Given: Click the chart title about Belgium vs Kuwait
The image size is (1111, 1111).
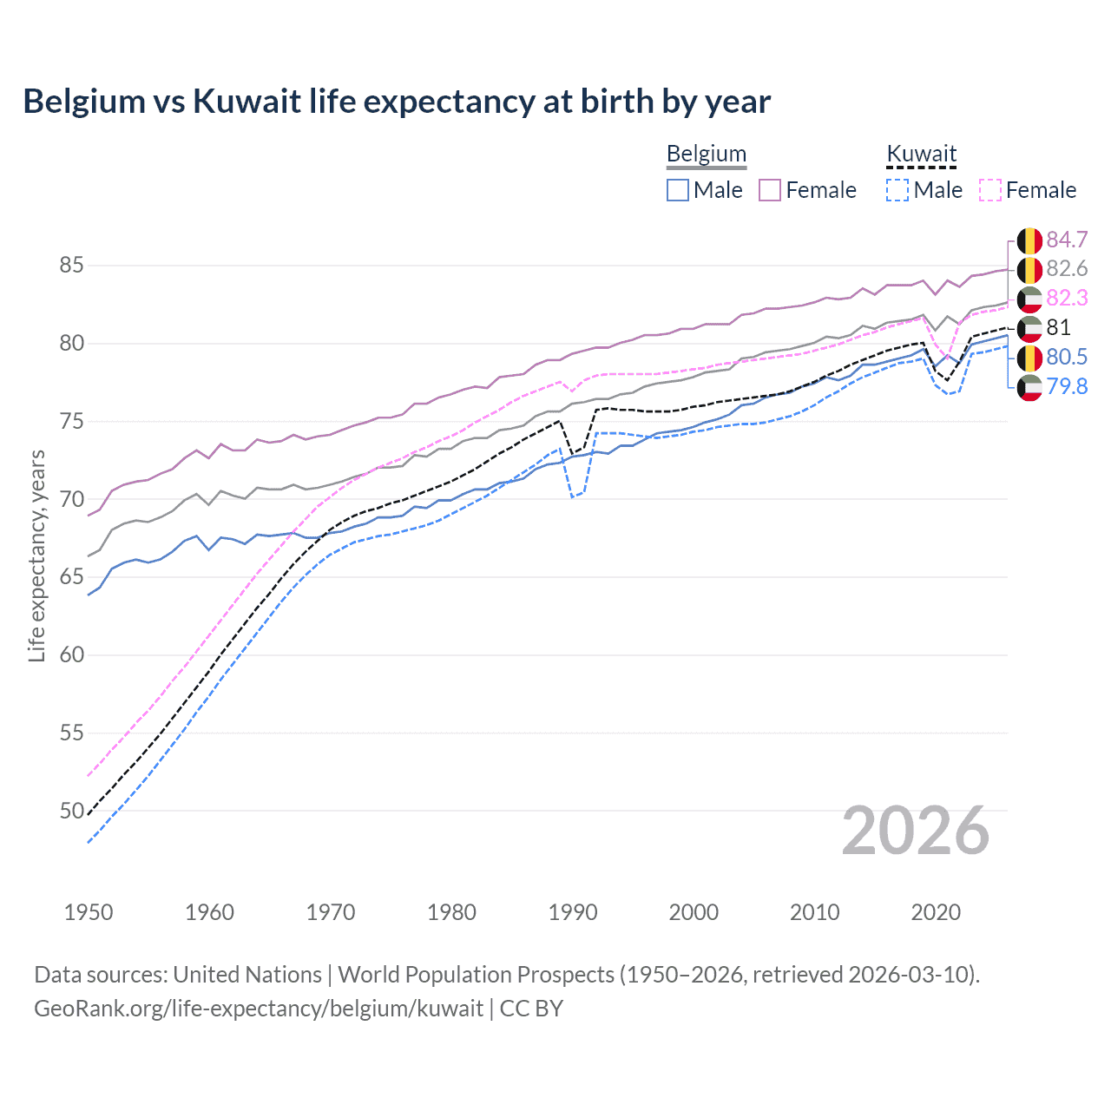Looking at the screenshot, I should click(x=397, y=102).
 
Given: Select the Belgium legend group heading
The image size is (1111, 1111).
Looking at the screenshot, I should click(x=706, y=154).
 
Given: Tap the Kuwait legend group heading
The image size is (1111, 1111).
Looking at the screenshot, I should click(x=921, y=154).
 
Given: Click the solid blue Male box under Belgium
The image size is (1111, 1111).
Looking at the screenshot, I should click(x=678, y=190).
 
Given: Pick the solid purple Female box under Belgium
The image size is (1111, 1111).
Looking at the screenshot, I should click(x=770, y=190).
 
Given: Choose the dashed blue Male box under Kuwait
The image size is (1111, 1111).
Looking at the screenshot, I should click(x=897, y=190).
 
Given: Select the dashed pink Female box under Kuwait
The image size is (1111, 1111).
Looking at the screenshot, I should click(x=990, y=190).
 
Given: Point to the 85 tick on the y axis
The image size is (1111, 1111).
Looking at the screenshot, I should click(x=72, y=265).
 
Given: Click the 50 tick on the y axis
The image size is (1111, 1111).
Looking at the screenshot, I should click(x=72, y=811).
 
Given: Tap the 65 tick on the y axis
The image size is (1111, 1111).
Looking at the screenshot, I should click(x=72, y=577).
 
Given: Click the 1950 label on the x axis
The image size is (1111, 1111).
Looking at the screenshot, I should click(x=89, y=912).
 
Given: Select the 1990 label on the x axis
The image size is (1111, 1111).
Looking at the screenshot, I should click(x=573, y=912).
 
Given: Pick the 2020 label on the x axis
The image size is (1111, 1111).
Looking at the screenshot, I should click(x=936, y=912).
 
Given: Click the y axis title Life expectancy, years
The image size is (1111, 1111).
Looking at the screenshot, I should click(x=36, y=555).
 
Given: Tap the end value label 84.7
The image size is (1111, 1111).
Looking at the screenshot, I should click(x=1067, y=240).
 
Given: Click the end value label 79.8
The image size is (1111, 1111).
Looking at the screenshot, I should click(x=1067, y=386).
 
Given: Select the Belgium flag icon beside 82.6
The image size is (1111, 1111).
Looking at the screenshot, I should click(x=1029, y=269).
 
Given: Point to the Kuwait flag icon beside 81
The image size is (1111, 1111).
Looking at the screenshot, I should click(x=1029, y=328).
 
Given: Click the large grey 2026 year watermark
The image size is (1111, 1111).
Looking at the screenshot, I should click(x=916, y=831).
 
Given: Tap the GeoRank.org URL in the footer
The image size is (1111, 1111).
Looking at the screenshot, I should click(x=259, y=1009).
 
